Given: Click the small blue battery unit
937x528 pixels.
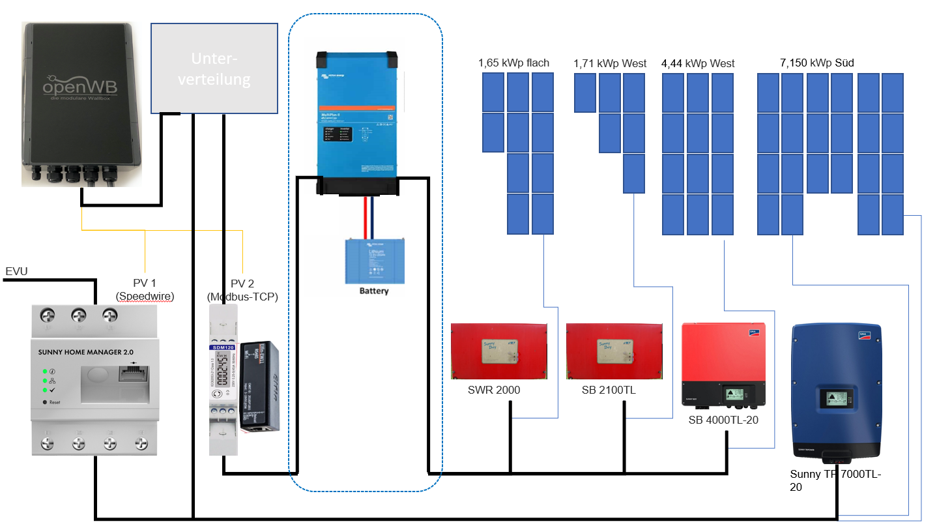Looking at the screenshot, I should pyautogui.click(x=374, y=261).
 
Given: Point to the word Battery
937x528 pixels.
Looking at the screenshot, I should pyautogui.click(x=374, y=291).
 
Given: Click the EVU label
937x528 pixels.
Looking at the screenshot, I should pyautogui.click(x=16, y=271).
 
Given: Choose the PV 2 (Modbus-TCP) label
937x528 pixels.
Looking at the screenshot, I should pyautogui.click(x=242, y=290).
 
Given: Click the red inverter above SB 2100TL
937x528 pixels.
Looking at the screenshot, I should pyautogui.click(x=614, y=351).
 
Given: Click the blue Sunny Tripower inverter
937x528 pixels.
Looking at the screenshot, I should pyautogui.click(x=836, y=391).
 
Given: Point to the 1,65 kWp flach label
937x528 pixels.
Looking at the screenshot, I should pyautogui.click(x=513, y=63).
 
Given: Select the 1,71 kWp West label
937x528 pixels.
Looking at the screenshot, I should pyautogui.click(x=610, y=63).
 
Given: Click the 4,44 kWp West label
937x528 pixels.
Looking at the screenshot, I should pyautogui.click(x=697, y=63).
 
